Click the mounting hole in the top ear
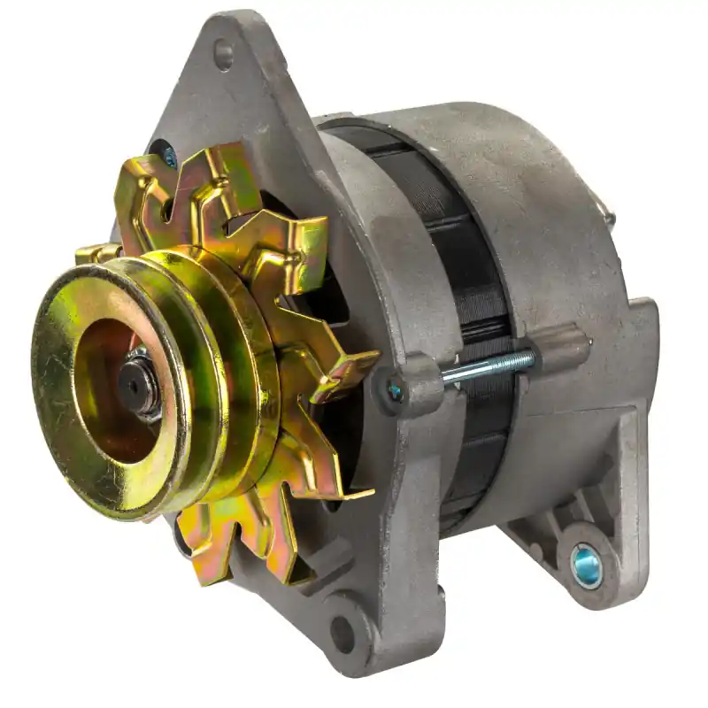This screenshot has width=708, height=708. click(x=223, y=55)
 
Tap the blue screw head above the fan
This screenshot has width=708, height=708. click(x=169, y=158)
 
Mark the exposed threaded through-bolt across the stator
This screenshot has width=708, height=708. click(x=487, y=366)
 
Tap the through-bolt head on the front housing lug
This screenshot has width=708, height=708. click(x=395, y=389)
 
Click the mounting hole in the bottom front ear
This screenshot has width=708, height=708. click(x=342, y=634)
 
